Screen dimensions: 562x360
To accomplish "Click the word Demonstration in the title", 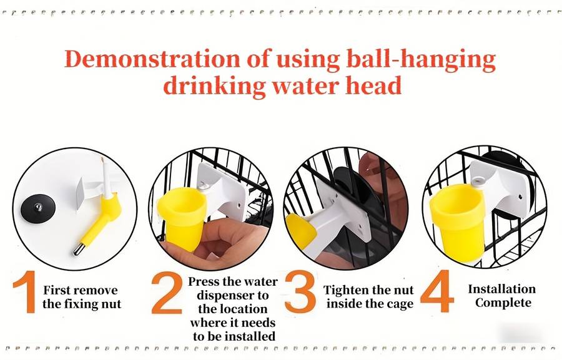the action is [x=152, y=59].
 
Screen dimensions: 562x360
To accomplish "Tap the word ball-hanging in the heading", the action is [x=421, y=60].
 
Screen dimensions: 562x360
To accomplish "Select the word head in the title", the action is [x=373, y=85].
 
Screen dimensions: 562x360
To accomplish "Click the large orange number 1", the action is [x=26, y=291].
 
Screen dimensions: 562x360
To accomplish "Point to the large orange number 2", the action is [x=167, y=293].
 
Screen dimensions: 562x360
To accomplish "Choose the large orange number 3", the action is [x=300, y=291].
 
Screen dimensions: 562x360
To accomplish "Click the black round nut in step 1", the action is [x=38, y=208].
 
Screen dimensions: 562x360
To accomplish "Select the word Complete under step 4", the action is [x=503, y=303].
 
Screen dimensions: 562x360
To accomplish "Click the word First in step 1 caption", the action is [x=57, y=290].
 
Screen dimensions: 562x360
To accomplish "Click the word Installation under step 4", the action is [x=502, y=289].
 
